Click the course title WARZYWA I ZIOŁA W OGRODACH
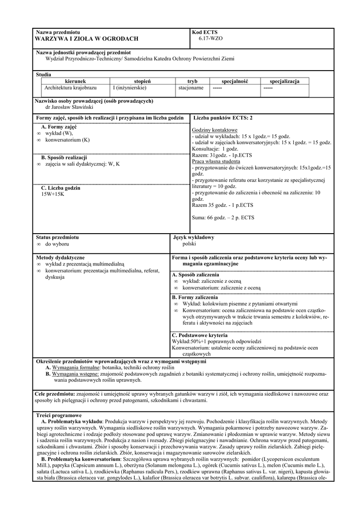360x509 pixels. (x=87, y=39)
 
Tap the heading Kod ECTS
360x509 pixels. (x=204, y=32)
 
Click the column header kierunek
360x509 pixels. (x=76, y=81)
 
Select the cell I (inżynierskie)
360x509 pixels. (x=129, y=88)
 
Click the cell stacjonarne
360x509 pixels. (x=191, y=88)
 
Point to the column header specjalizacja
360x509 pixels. (x=285, y=81)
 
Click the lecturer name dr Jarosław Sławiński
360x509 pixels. (x=69, y=107)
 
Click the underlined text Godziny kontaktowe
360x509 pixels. (x=214, y=130)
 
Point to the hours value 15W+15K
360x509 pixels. (x=53, y=194)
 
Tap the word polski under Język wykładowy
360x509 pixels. (x=189, y=244)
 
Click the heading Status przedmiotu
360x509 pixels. (x=57, y=238)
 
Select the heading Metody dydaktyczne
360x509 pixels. (x=60, y=258)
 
